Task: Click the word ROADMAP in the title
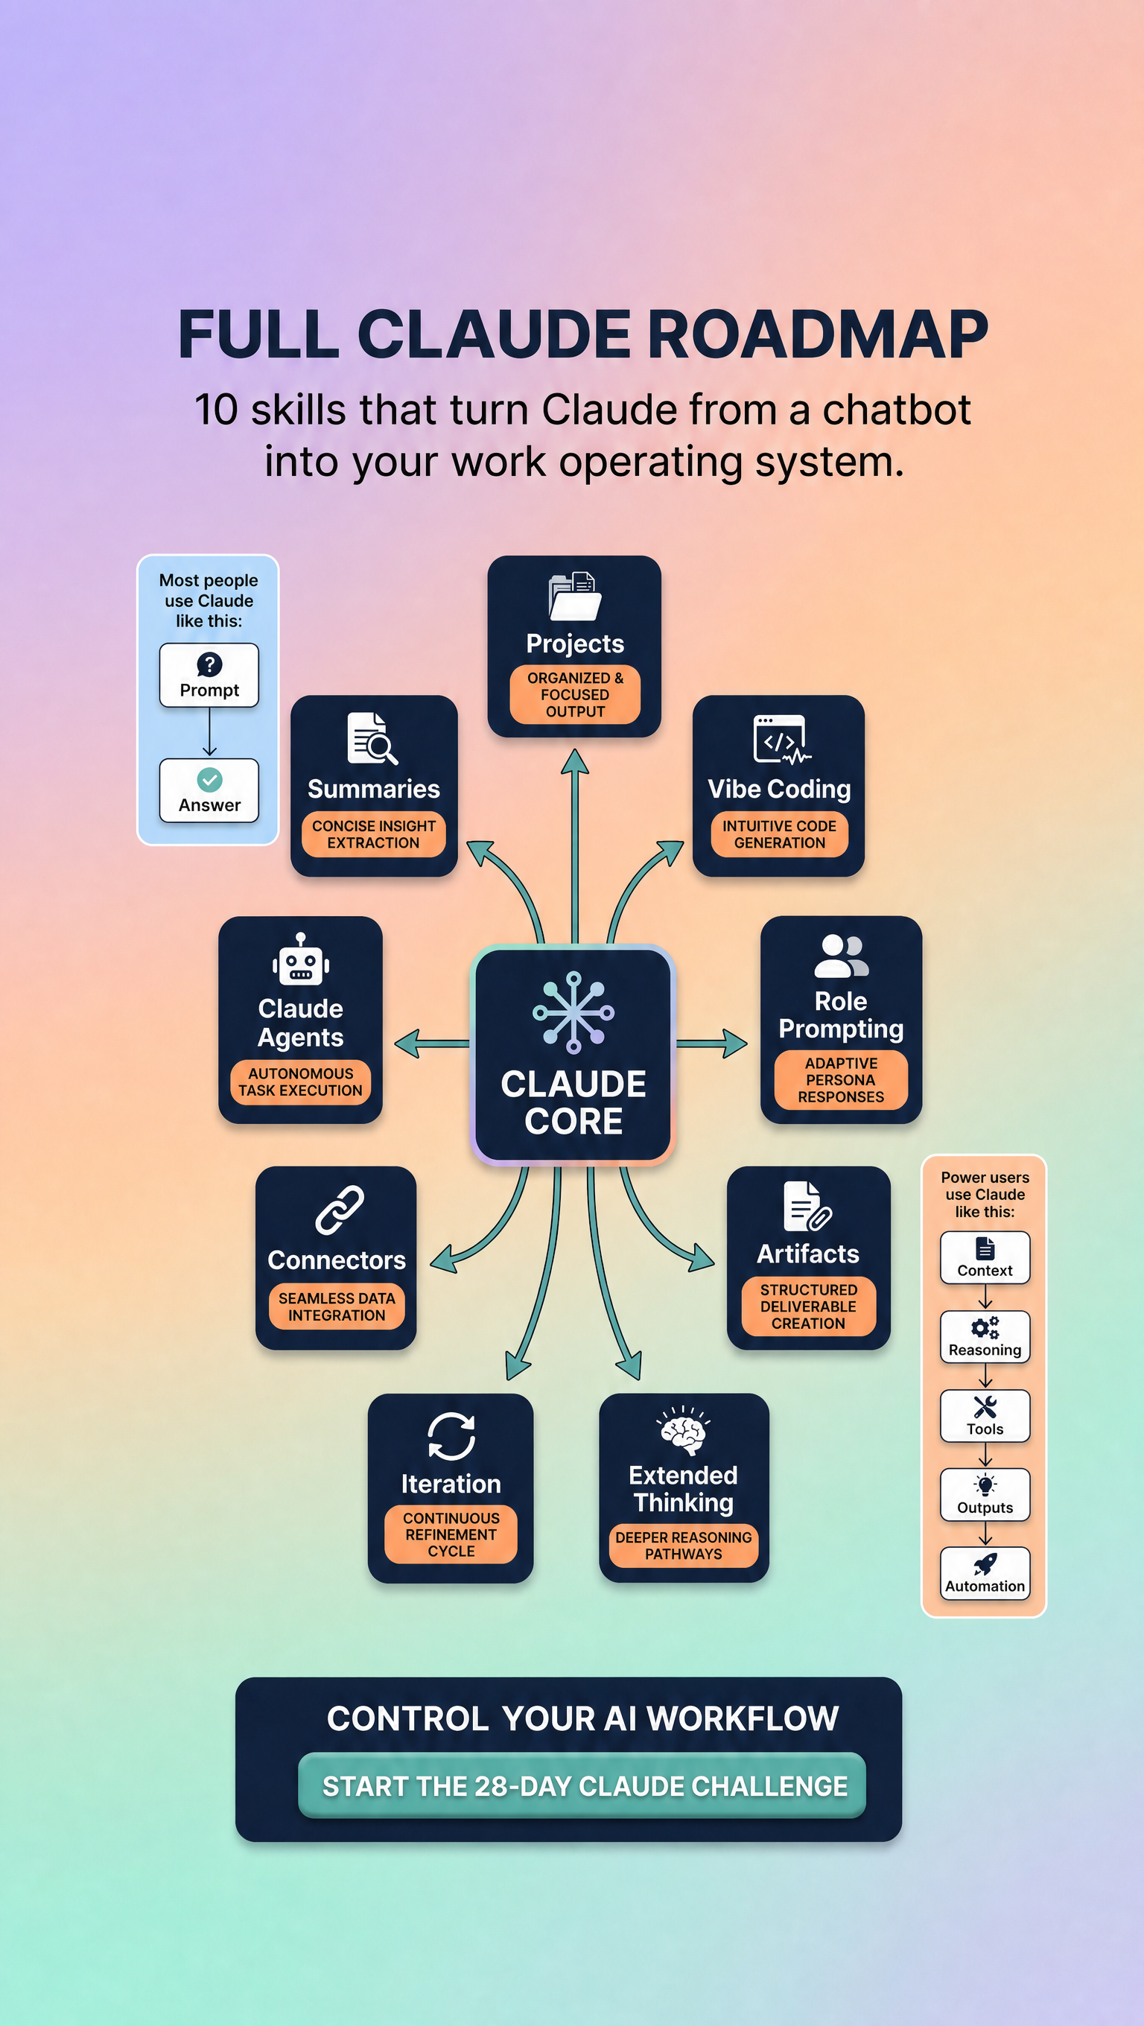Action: tap(818, 334)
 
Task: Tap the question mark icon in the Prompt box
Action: tap(209, 664)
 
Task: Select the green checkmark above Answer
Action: tap(209, 779)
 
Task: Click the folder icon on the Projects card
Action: tap(575, 596)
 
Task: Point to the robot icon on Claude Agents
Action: tap(301, 959)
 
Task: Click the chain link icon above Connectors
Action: tap(340, 1210)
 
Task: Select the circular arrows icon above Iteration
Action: tap(451, 1436)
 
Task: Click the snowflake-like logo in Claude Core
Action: tap(574, 1012)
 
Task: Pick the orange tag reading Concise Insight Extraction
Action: tap(373, 834)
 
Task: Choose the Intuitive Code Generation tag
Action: tap(779, 834)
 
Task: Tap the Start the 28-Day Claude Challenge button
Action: tap(582, 1785)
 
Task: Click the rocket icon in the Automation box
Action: tap(985, 1564)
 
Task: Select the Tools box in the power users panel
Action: tap(985, 1416)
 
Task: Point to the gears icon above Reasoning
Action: tap(985, 1327)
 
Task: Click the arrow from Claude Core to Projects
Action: tap(575, 846)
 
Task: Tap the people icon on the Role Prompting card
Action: tap(842, 956)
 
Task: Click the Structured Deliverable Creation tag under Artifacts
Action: tap(808, 1306)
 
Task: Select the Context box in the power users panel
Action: tap(985, 1257)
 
